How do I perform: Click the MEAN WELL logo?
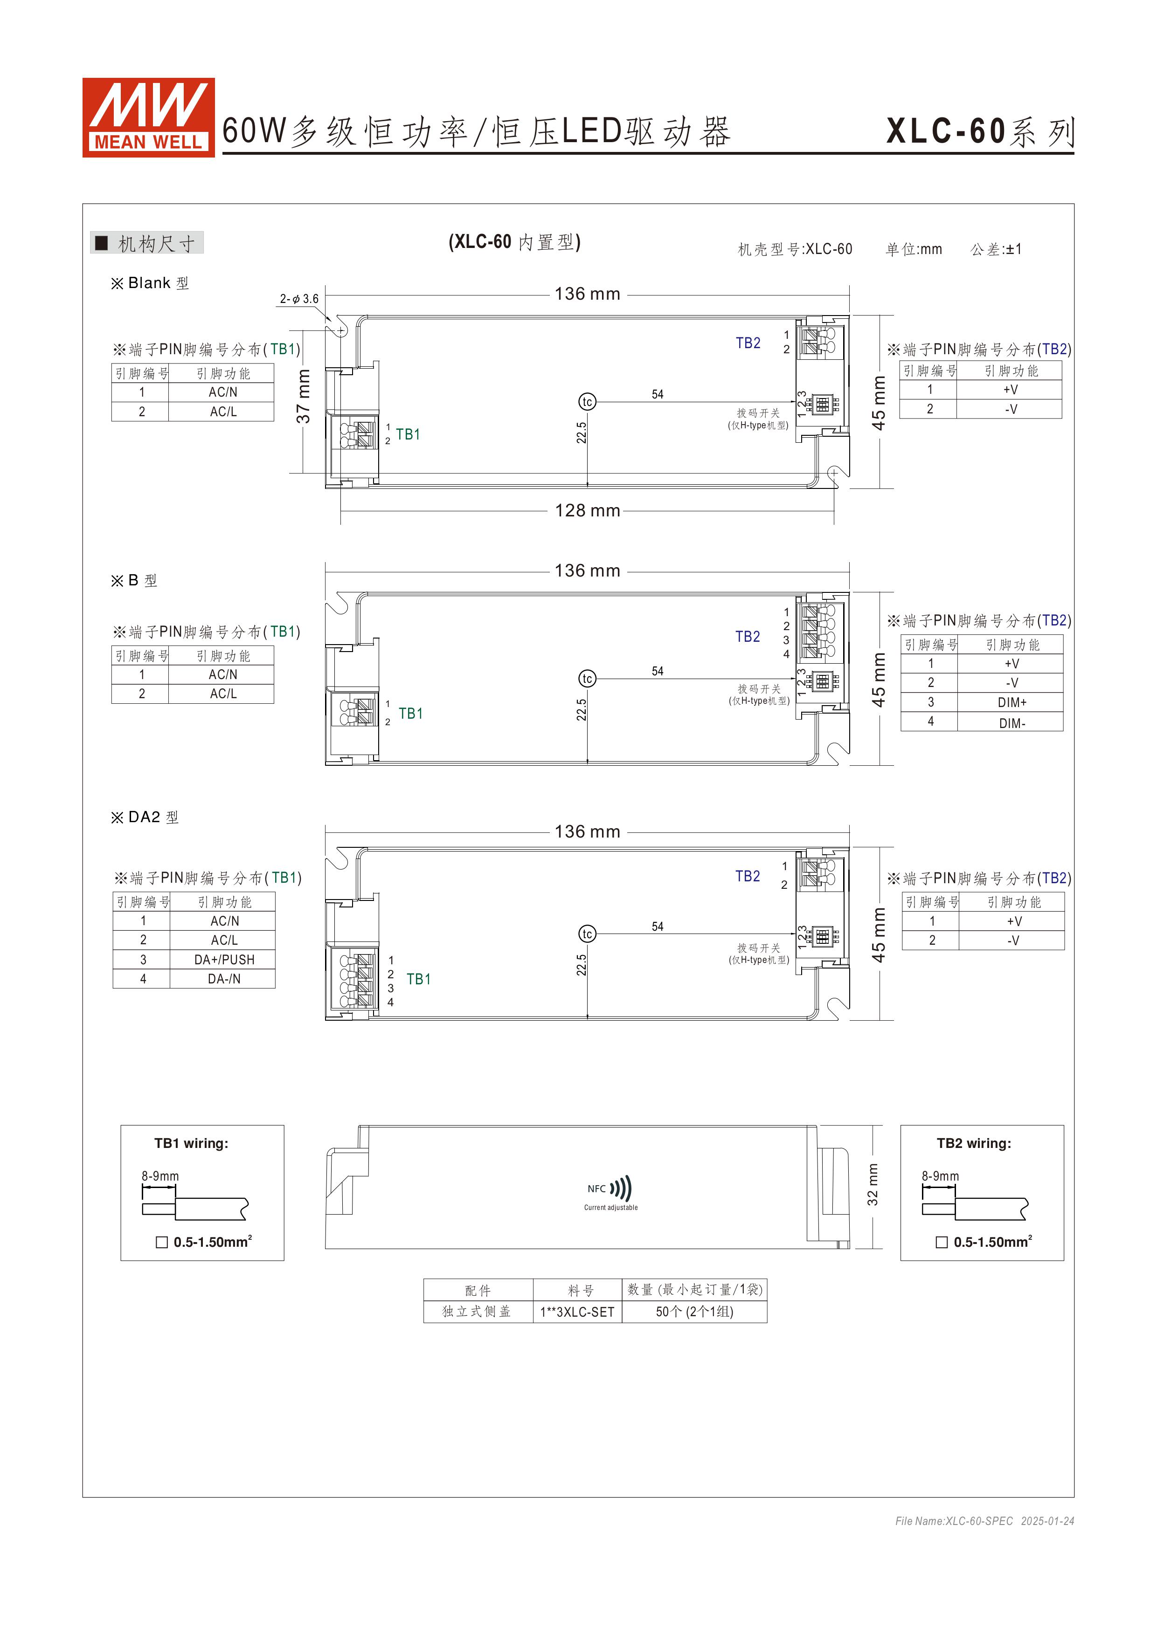click(148, 117)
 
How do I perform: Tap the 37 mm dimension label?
click(304, 397)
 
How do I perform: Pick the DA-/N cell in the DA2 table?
click(224, 979)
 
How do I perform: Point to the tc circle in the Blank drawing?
click(587, 402)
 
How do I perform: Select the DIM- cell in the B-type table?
click(1011, 723)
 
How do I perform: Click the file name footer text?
click(984, 1521)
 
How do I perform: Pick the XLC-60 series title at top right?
click(980, 132)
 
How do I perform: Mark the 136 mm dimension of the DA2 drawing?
click(587, 832)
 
